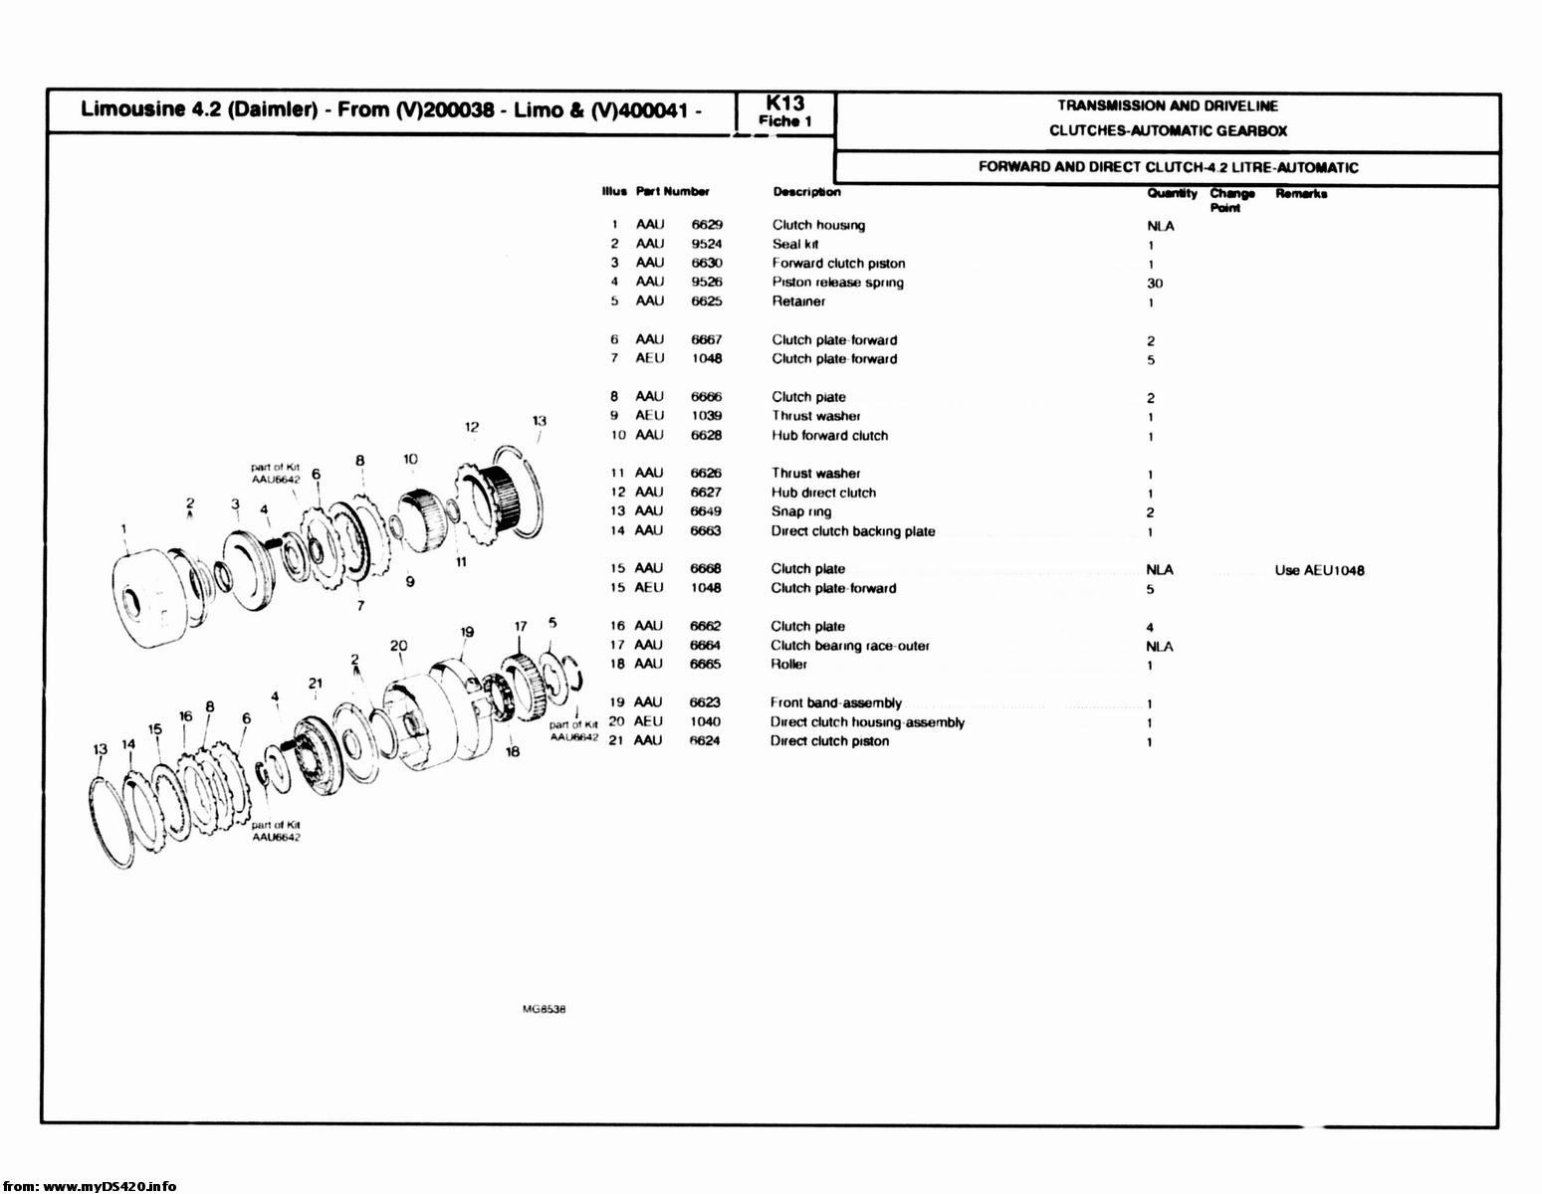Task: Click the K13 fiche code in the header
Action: [785, 103]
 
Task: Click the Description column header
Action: [806, 192]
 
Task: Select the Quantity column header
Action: [1172, 193]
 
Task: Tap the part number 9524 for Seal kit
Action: [707, 244]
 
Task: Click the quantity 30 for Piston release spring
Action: [1155, 284]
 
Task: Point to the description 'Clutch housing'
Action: [818, 225]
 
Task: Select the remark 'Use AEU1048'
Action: [1319, 571]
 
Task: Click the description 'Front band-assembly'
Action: [835, 702]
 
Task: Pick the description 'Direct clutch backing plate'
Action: [853, 531]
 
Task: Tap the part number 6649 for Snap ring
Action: [706, 511]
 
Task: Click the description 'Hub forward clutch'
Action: [829, 436]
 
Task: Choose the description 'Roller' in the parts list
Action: [788, 665]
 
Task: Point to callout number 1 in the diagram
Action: [123, 528]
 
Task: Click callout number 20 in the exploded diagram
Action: [398, 646]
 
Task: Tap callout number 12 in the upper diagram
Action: [472, 427]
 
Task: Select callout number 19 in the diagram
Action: [467, 632]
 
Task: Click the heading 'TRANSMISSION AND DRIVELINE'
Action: [1167, 105]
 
